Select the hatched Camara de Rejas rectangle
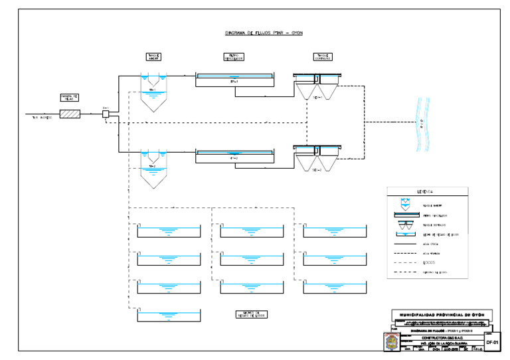point(69,114)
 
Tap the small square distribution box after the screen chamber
point(106,114)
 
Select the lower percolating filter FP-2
point(234,156)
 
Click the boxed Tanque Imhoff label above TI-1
point(153,56)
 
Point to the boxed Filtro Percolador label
point(234,56)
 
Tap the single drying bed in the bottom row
point(169,315)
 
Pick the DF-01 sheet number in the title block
point(492,341)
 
